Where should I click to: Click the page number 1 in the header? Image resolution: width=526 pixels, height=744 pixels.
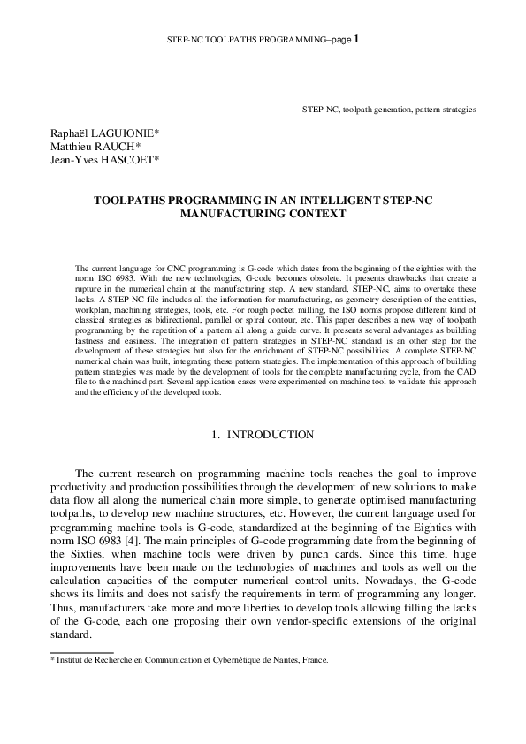[x=356, y=39]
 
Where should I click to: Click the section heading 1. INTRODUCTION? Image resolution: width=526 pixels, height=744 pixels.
[x=263, y=435]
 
